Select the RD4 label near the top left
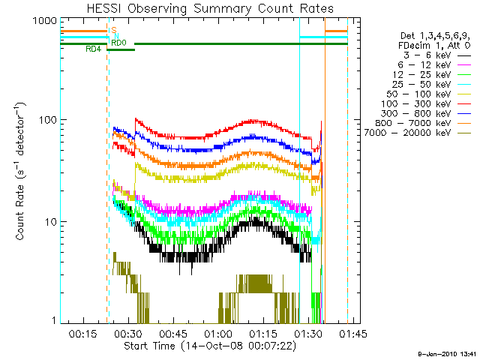tap(94, 49)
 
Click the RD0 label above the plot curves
tap(118, 43)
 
